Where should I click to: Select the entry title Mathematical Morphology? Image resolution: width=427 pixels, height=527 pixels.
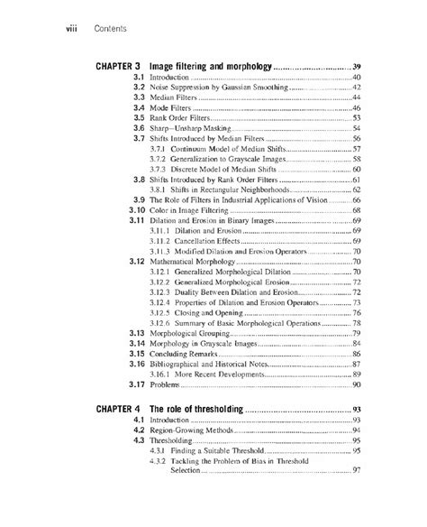pyautogui.click(x=199, y=259)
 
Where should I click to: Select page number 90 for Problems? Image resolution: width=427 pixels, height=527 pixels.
pyautogui.click(x=357, y=384)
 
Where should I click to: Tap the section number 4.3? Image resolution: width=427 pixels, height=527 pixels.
pyautogui.click(x=139, y=442)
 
